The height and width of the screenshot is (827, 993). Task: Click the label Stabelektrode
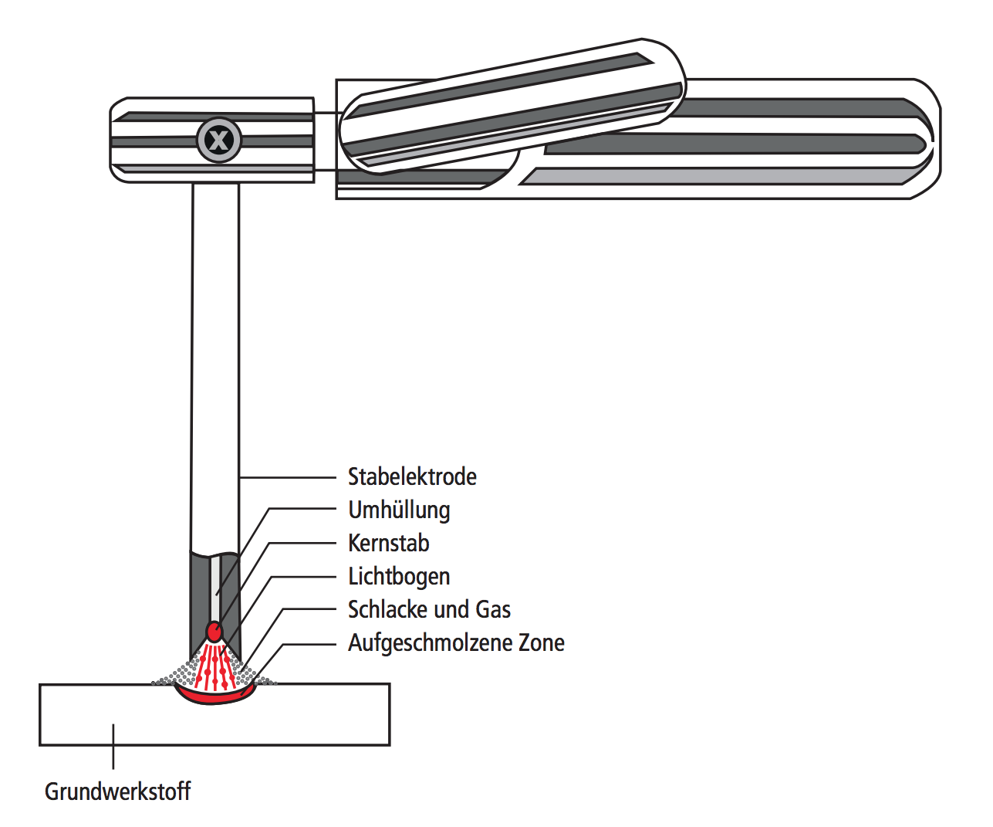click(x=412, y=476)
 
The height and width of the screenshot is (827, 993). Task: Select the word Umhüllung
click(x=399, y=510)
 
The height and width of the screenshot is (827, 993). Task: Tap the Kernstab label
click(x=388, y=544)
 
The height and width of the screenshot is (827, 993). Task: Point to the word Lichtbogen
click(x=399, y=577)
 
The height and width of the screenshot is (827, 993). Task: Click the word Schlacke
click(x=390, y=610)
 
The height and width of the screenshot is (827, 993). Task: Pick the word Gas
click(x=493, y=610)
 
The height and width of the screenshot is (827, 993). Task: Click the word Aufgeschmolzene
click(x=428, y=643)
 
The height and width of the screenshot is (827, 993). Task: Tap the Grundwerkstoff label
click(x=117, y=791)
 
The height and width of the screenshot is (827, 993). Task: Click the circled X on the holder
click(x=219, y=141)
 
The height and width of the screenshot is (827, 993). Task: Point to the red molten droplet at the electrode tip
click(x=214, y=632)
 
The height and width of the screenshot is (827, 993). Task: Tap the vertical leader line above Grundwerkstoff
click(x=113, y=746)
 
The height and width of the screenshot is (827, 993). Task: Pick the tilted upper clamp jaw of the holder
click(x=509, y=104)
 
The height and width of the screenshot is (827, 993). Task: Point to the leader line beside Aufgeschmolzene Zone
click(x=309, y=644)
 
